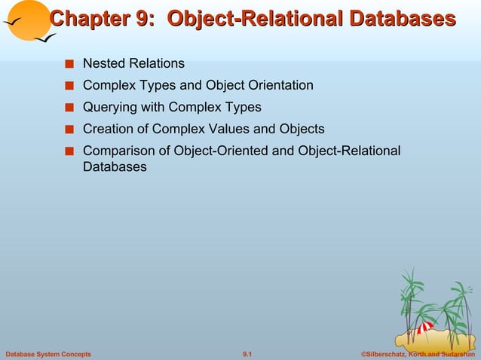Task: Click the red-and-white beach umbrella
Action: click(423, 329)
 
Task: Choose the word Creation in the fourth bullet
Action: click(107, 129)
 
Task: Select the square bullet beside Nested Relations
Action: click(69, 65)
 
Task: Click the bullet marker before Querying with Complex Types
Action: click(69, 108)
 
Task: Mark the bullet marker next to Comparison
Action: click(69, 151)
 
